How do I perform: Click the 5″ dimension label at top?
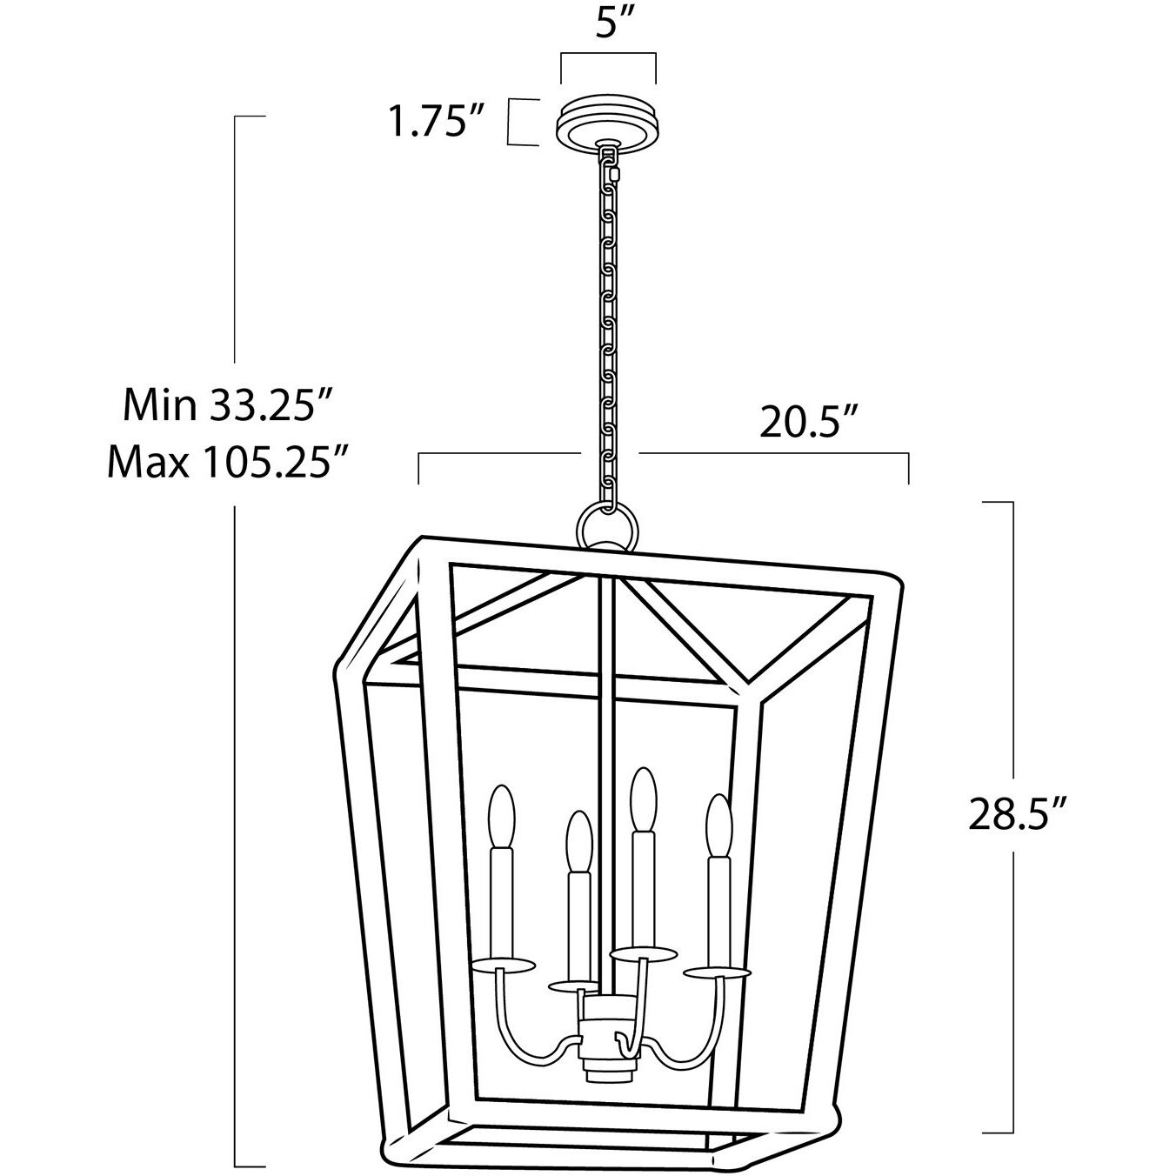[607, 24]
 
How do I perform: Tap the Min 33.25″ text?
[228, 405]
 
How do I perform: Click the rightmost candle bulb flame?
[718, 825]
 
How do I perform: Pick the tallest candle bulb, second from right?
[642, 798]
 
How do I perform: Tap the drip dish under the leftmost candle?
[502, 966]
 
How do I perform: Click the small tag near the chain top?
[616, 174]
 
